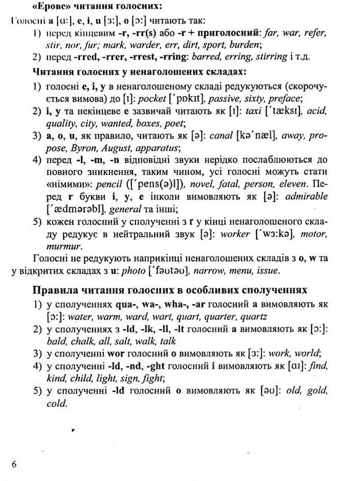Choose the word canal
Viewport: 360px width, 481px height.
pos(219,136)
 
